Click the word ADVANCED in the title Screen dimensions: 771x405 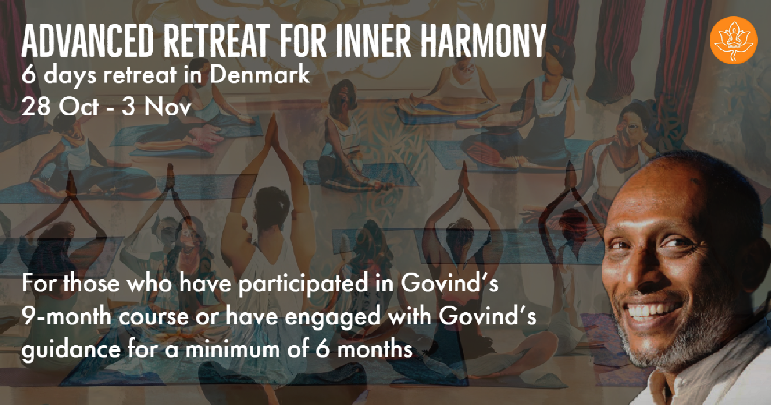click(88, 41)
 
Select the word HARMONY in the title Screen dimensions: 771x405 click(483, 41)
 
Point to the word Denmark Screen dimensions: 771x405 click(259, 74)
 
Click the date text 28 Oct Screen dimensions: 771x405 click(60, 107)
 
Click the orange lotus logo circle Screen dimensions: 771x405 click(734, 40)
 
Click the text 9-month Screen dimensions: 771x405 click(67, 316)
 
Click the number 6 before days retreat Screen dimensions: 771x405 click(28, 75)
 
